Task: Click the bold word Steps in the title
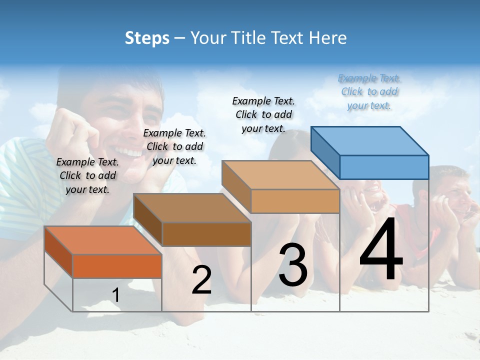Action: point(147,38)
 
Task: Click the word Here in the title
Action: point(328,38)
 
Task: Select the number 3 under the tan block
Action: point(293,265)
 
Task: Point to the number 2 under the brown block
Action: point(201,280)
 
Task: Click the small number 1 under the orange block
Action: point(116,295)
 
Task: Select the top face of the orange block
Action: point(103,240)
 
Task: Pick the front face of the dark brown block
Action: point(206,234)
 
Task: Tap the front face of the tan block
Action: point(295,201)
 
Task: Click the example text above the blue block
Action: point(369,92)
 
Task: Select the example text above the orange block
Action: point(87,175)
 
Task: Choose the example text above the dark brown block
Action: point(174,146)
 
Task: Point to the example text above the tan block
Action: point(263,114)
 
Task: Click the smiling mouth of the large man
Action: point(129,151)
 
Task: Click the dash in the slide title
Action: point(180,38)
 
